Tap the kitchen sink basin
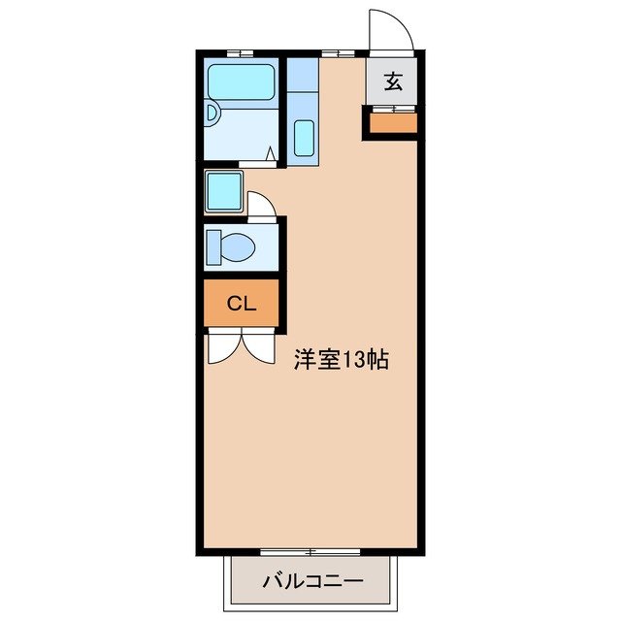click(303, 137)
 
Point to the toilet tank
click(214, 246)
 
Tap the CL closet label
click(241, 304)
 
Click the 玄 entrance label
click(392, 82)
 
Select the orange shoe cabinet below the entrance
click(392, 122)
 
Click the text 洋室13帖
click(342, 360)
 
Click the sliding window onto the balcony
click(310, 552)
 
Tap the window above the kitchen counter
click(336, 51)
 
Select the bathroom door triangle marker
click(270, 153)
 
